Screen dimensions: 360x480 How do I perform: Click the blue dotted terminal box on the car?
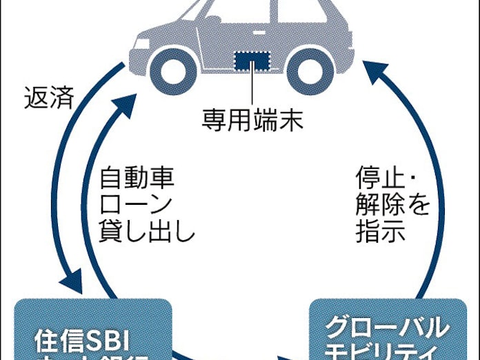click(252, 60)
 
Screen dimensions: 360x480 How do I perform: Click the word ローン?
click(137, 206)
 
